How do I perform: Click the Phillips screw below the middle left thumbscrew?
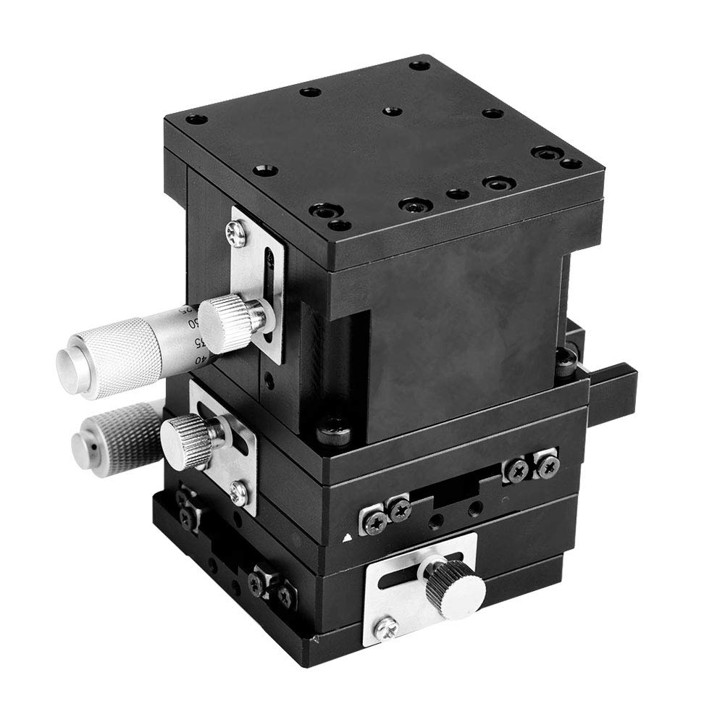point(236,493)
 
